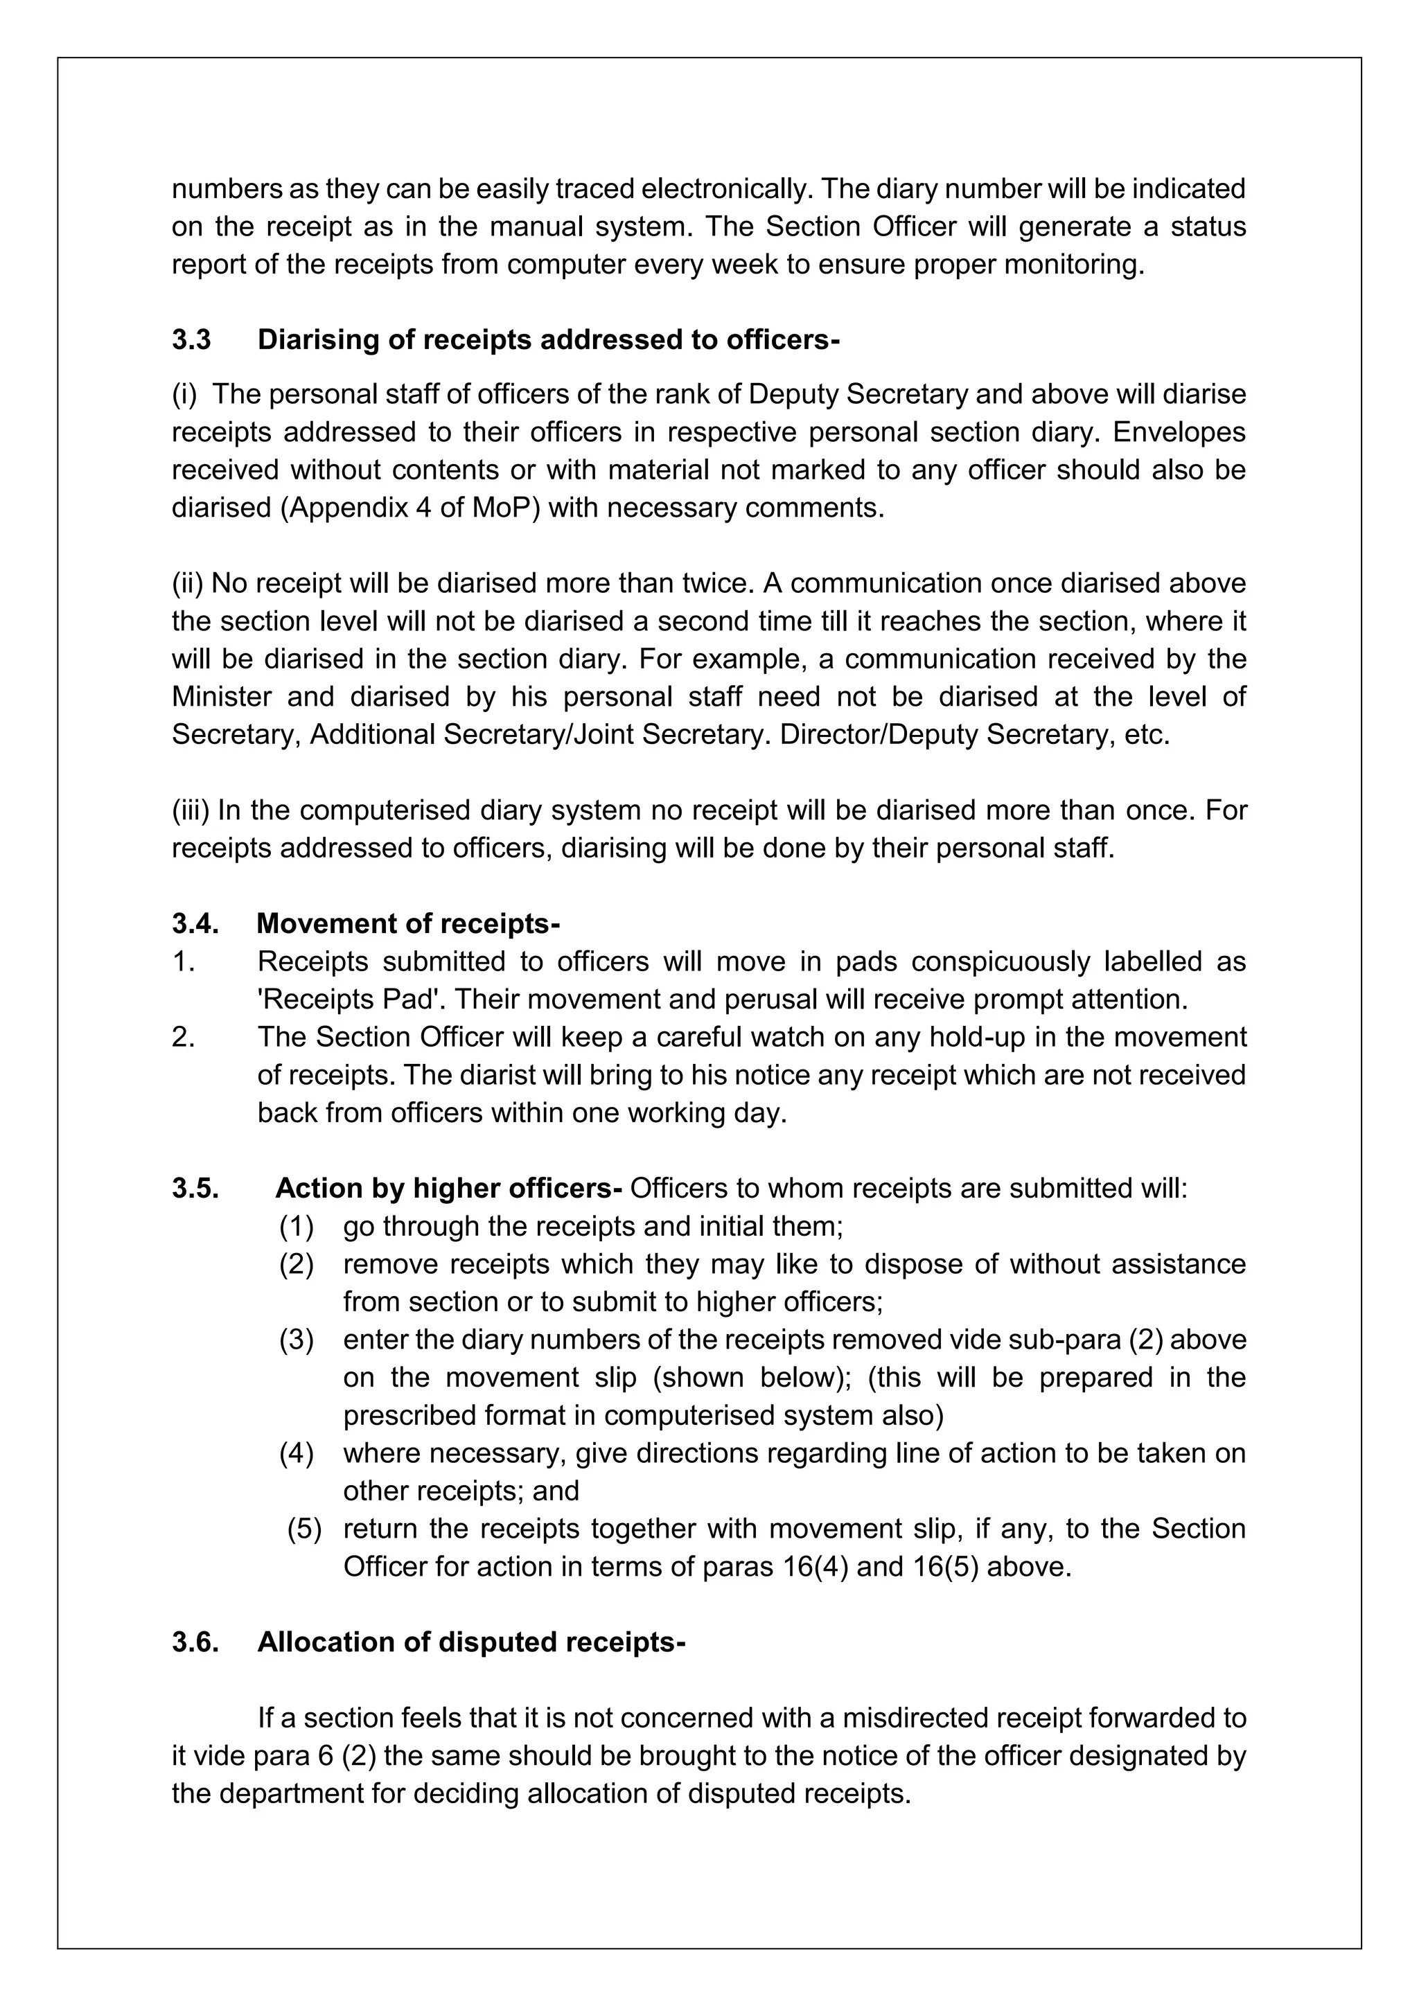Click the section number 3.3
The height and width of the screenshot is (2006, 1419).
(191, 340)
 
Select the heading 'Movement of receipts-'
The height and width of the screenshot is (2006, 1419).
(408, 923)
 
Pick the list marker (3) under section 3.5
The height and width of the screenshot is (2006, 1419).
(297, 1340)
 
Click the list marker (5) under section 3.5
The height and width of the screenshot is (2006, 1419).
(304, 1528)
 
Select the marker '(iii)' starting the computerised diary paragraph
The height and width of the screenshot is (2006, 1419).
(191, 810)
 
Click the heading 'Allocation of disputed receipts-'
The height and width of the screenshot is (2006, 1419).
(471, 1642)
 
